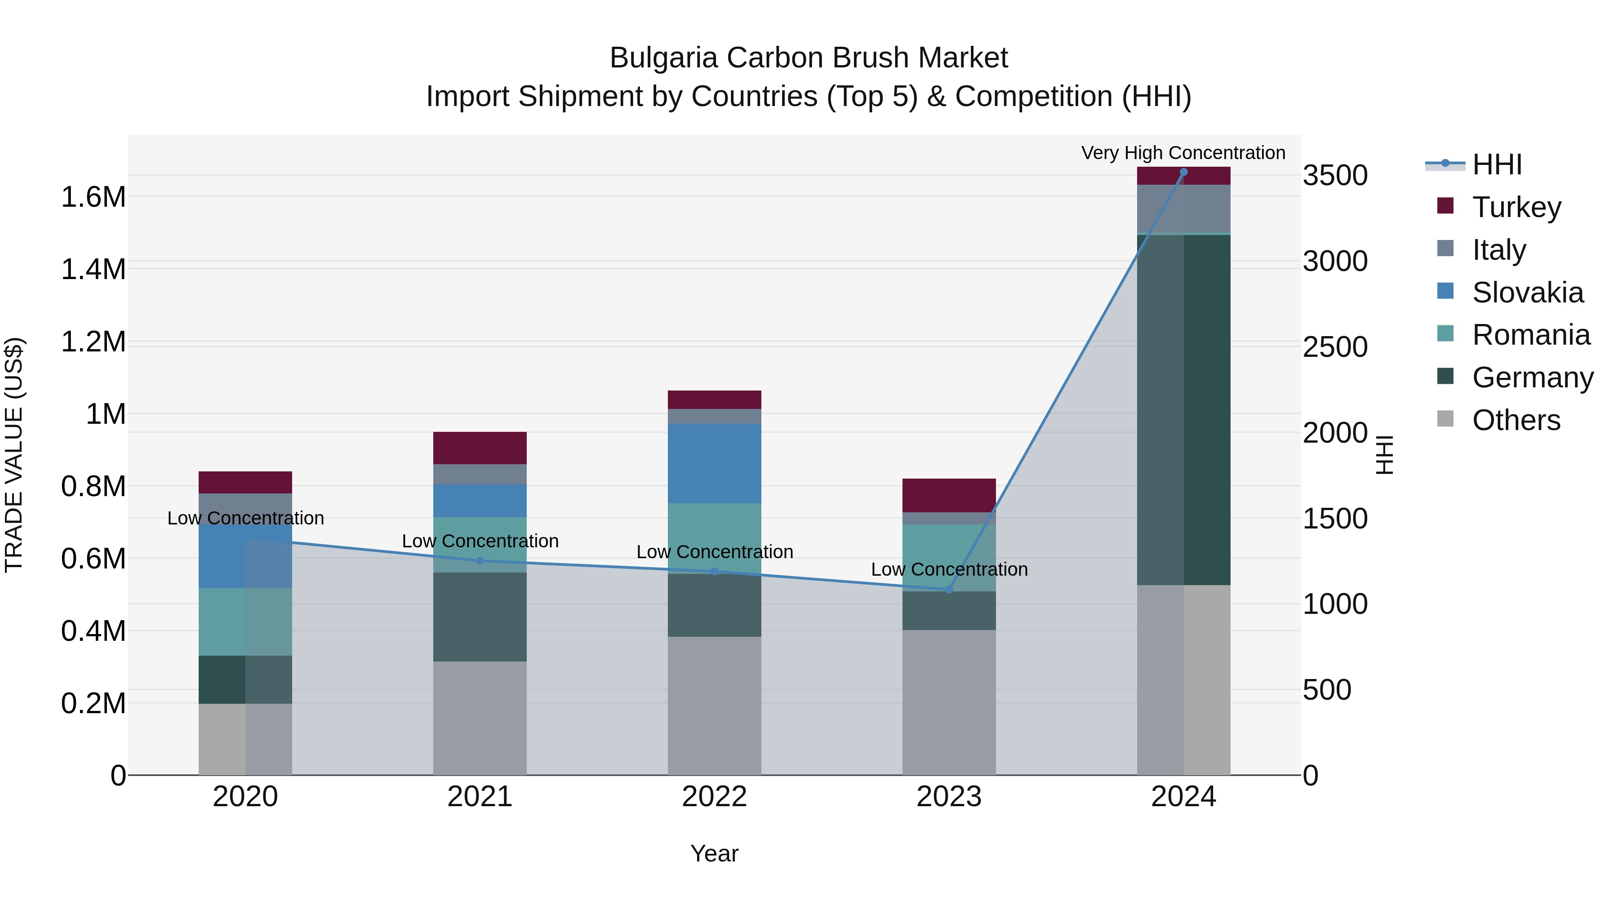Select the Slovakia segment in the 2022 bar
(714, 463)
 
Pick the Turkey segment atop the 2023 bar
(948, 495)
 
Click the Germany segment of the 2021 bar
(480, 616)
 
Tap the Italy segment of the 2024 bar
(1183, 209)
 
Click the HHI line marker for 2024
(1183, 172)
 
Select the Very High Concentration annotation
(1183, 153)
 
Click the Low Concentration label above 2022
(714, 551)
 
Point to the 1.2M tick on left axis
(93, 342)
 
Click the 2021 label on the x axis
(480, 796)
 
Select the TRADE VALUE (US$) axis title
(14, 455)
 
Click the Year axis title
(714, 853)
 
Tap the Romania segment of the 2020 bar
(245, 622)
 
